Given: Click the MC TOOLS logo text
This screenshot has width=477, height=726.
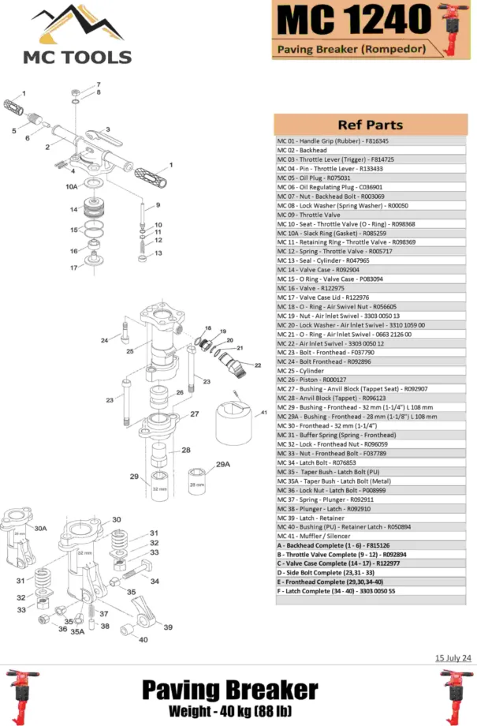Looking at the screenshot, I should click(76, 57).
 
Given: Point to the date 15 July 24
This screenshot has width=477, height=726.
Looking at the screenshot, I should click(453, 657).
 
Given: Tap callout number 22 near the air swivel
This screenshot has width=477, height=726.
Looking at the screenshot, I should click(257, 365).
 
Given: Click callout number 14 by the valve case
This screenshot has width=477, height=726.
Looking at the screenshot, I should click(73, 209).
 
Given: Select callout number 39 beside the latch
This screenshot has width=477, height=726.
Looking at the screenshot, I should click(167, 627).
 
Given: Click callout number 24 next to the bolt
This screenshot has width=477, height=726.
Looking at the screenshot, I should click(104, 340).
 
